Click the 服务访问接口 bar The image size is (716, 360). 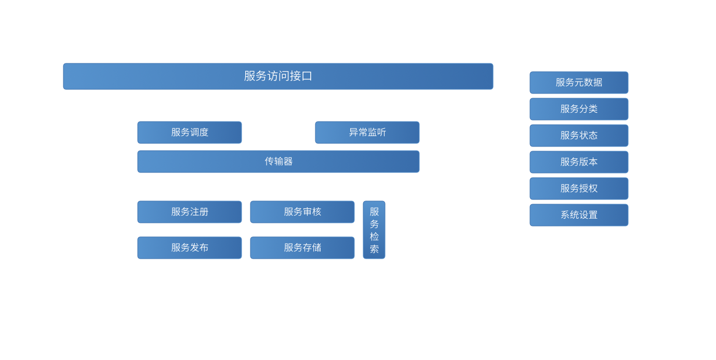(x=278, y=76)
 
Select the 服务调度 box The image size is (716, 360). (x=190, y=132)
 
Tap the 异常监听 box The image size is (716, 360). (x=367, y=132)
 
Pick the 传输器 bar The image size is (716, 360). (x=279, y=162)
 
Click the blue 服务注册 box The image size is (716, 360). (x=190, y=212)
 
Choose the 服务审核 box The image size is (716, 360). (x=302, y=212)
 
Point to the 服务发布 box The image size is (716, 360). (x=190, y=248)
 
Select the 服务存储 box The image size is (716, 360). (x=302, y=248)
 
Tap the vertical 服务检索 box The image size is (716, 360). (x=374, y=230)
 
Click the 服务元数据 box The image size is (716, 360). (x=579, y=83)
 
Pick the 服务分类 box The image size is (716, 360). (x=579, y=109)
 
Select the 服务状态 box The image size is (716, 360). (x=579, y=136)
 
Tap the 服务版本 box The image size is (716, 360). (x=579, y=162)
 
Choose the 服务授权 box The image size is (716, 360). (x=579, y=189)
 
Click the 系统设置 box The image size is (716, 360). (x=579, y=215)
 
